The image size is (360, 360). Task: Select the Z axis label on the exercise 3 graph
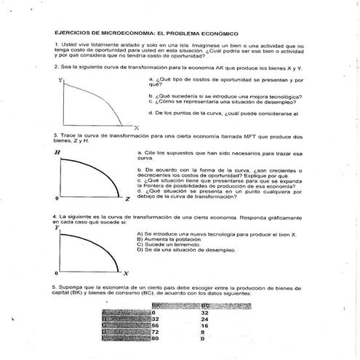[x=127, y=199]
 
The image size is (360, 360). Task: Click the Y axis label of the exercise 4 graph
[x=57, y=228]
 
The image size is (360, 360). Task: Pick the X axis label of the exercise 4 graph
[x=126, y=273]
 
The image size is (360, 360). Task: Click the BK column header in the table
[x=155, y=306]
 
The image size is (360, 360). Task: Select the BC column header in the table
[x=205, y=306]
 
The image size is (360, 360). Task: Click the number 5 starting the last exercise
[x=54, y=288]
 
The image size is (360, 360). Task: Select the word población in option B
[x=177, y=239]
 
